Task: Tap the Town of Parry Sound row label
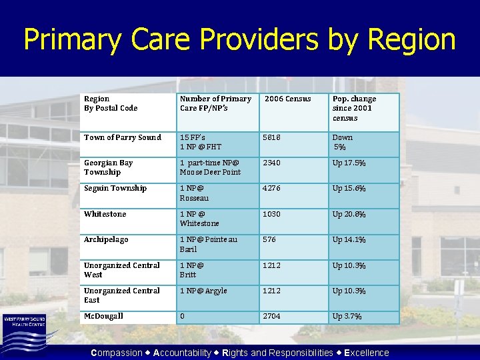pyautogui.click(x=123, y=137)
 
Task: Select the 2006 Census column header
pyautogui.click(x=288, y=99)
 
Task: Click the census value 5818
pyautogui.click(x=272, y=137)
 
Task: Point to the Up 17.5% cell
pyautogui.click(x=349, y=163)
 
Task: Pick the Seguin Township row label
pyautogui.click(x=115, y=189)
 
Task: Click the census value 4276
pyautogui.click(x=272, y=189)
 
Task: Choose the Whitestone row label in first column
pyautogui.click(x=105, y=214)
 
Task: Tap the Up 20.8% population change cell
pyautogui.click(x=349, y=214)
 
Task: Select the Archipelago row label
pyautogui.click(x=106, y=239)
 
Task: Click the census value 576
pyautogui.click(x=269, y=239)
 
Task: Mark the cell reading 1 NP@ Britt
pyautogui.click(x=191, y=270)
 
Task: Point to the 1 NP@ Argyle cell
pyautogui.click(x=203, y=291)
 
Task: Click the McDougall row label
pyautogui.click(x=103, y=316)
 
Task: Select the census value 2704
pyautogui.click(x=272, y=316)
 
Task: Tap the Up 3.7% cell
pyautogui.click(x=347, y=316)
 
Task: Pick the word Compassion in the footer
pyautogui.click(x=116, y=353)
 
